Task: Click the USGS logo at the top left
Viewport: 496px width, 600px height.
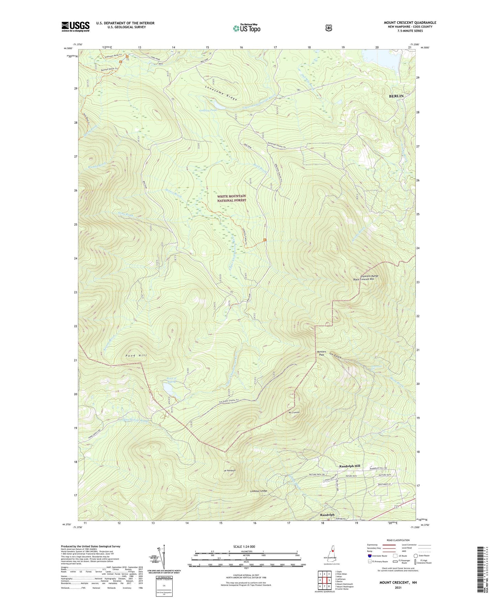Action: click(75, 26)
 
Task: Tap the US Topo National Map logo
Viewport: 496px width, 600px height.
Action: click(246, 28)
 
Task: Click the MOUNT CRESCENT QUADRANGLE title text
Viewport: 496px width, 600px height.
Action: click(410, 23)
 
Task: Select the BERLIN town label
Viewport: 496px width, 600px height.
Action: click(396, 96)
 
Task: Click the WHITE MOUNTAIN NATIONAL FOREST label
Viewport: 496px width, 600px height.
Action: click(231, 198)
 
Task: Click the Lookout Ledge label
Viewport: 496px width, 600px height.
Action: click(258, 491)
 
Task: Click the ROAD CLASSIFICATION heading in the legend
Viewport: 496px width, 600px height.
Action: click(398, 540)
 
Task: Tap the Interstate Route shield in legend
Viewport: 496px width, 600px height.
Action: click(369, 556)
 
